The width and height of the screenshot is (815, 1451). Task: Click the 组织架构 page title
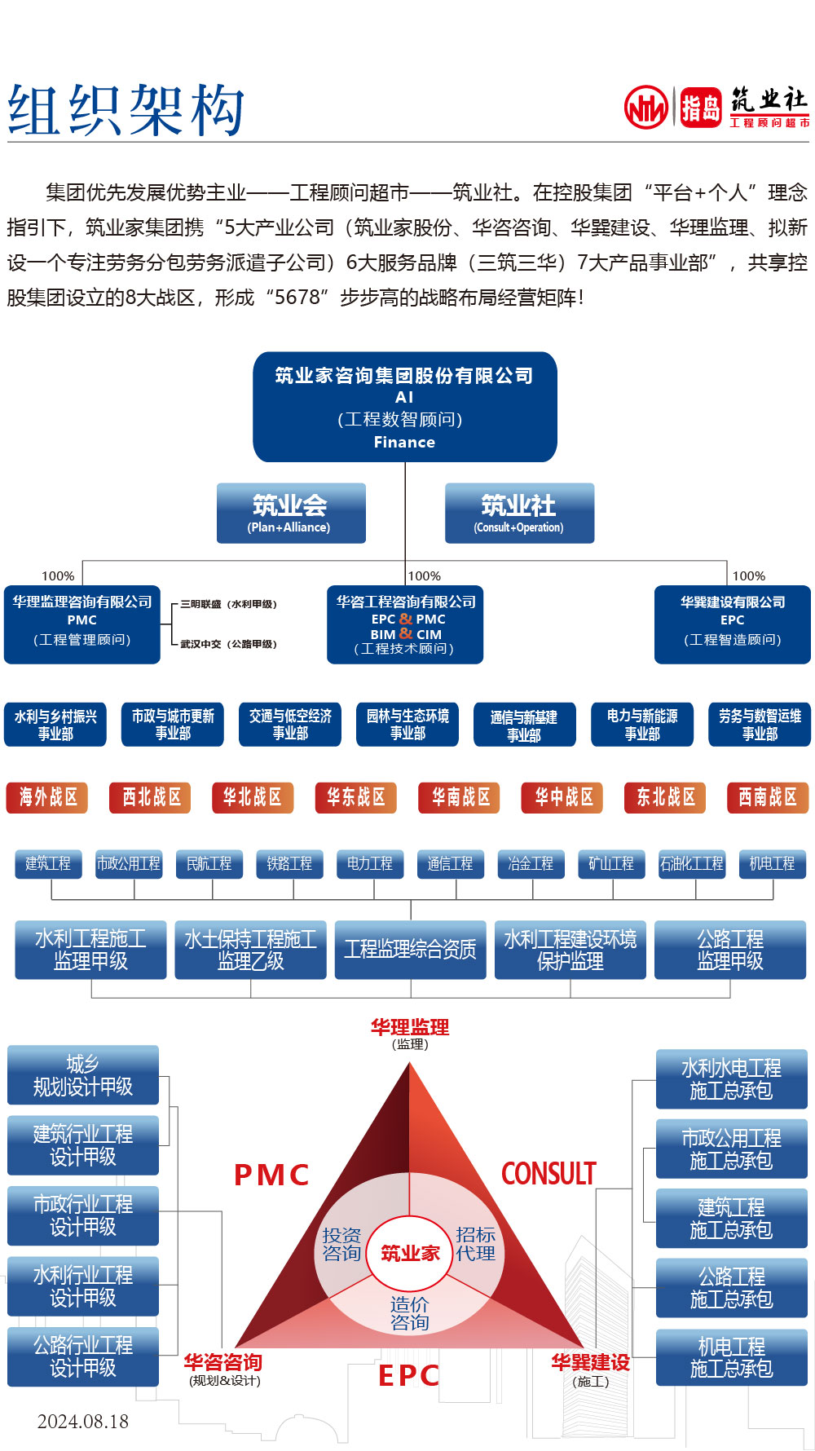[x=126, y=110]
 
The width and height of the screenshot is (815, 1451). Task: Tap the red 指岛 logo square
[x=701, y=108]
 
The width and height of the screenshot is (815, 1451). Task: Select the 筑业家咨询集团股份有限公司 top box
[x=405, y=407]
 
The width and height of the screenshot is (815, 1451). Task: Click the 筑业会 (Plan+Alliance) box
[x=291, y=513]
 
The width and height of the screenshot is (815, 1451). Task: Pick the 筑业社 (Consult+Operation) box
[x=519, y=513]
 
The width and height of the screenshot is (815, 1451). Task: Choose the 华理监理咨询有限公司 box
[x=82, y=624]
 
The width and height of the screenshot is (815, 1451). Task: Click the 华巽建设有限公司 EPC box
[x=732, y=624]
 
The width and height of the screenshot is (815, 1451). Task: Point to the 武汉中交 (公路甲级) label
[x=228, y=644]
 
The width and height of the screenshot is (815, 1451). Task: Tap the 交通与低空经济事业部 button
[x=290, y=724]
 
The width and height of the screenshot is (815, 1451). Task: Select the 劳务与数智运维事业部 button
[x=760, y=724]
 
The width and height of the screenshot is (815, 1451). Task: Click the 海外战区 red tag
[x=47, y=797]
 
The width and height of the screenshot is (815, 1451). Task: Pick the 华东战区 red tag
[x=355, y=797]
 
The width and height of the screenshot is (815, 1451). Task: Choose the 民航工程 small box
[x=209, y=863]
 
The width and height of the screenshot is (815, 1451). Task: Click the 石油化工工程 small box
[x=691, y=863]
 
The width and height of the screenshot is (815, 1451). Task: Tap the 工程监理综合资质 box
[x=410, y=949]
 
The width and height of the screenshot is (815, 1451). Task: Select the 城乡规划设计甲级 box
[x=83, y=1075]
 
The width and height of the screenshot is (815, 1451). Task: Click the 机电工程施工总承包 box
[x=731, y=1357]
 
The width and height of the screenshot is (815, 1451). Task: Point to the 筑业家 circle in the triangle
[x=410, y=1253]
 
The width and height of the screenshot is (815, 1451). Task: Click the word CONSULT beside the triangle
[x=548, y=1174]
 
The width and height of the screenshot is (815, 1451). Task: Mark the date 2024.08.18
[x=83, y=1422]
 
